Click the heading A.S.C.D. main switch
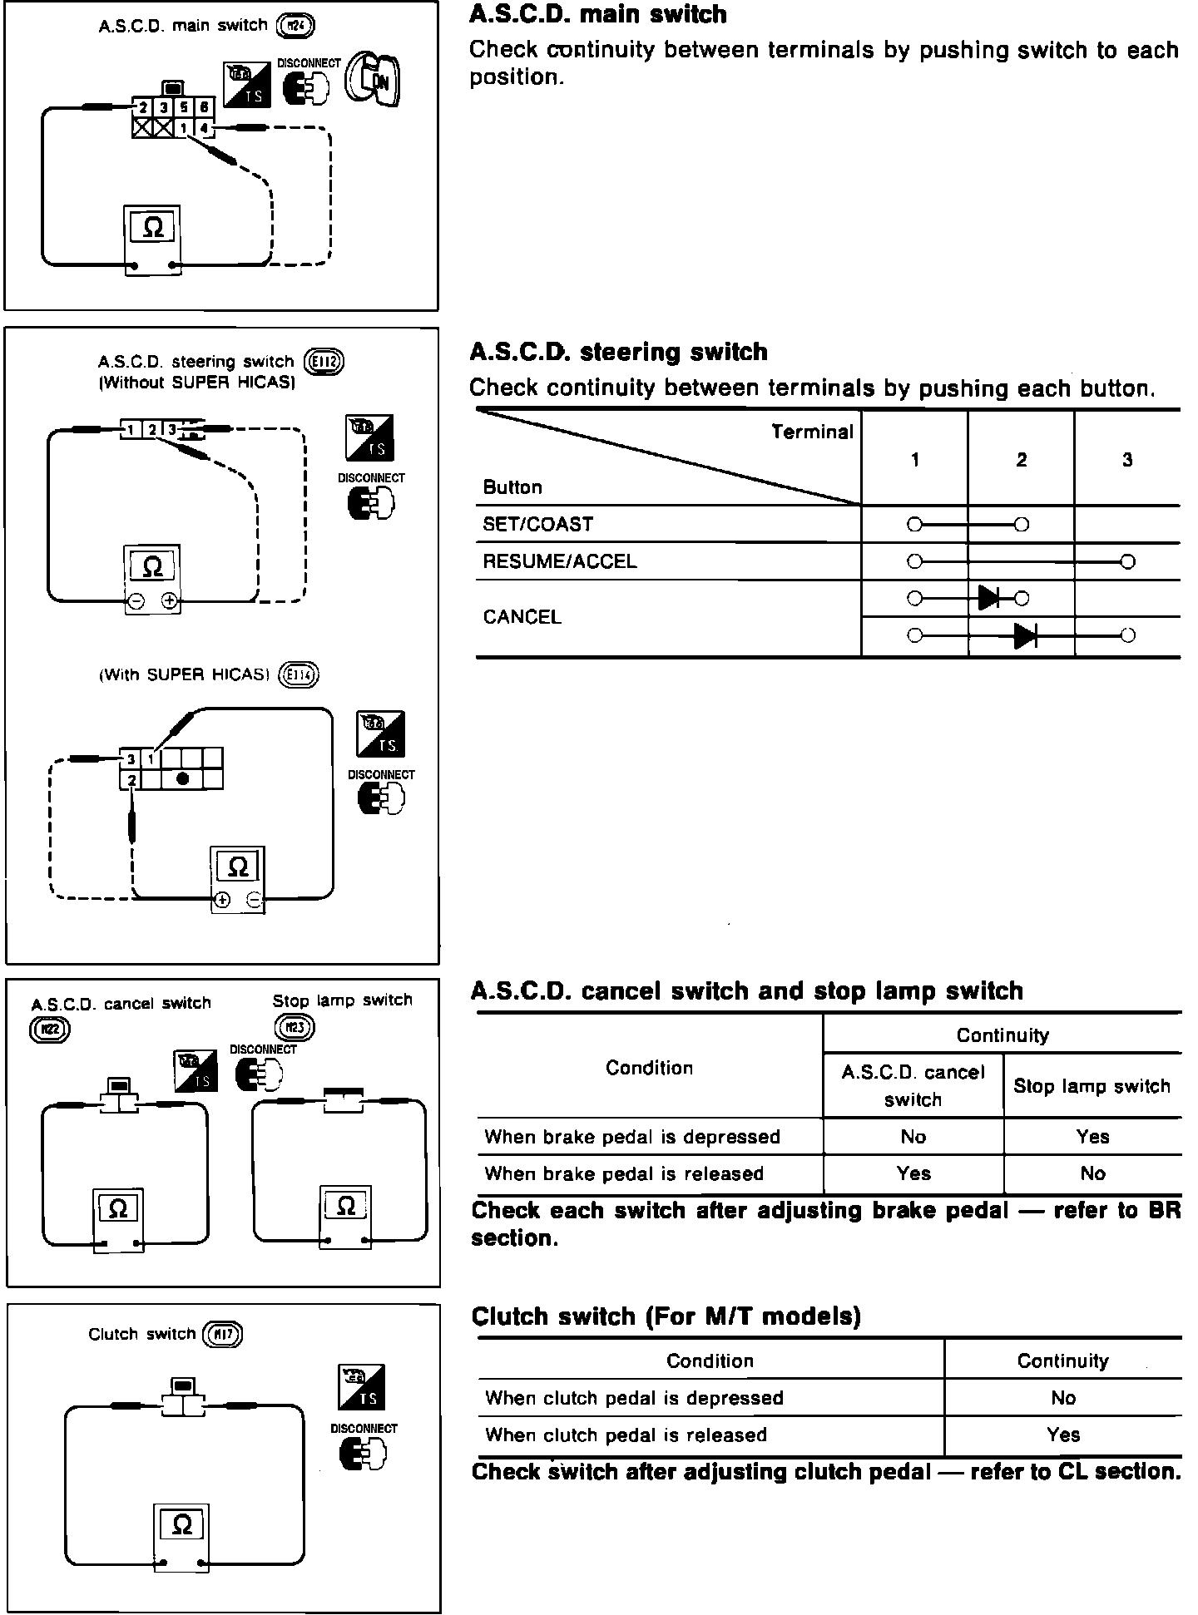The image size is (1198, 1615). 597,14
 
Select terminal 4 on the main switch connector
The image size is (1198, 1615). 204,128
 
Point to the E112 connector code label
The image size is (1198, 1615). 324,362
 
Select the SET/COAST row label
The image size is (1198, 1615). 537,525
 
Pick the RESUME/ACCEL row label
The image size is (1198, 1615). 559,561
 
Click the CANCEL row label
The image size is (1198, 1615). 522,617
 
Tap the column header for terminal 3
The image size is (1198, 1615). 1127,460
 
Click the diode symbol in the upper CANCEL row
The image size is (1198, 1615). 989,598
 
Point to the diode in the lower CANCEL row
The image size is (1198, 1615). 1025,636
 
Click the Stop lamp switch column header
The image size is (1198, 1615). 1092,1086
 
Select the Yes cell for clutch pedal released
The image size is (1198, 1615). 1063,1435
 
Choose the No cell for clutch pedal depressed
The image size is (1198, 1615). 1063,1398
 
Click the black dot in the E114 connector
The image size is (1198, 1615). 183,778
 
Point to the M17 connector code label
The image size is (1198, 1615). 221,1335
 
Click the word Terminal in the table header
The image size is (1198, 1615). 812,432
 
